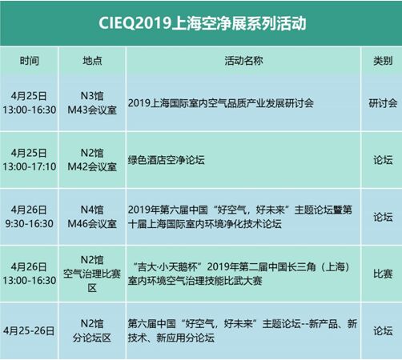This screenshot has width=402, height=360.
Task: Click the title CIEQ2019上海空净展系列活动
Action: tap(203, 23)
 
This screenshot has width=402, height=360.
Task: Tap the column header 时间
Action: tap(30, 61)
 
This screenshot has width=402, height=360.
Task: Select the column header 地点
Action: tap(92, 61)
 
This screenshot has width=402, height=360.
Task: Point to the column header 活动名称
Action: tap(243, 61)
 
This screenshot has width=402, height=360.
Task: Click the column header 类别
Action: tap(383, 61)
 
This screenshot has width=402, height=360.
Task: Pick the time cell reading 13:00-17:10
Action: tap(30, 166)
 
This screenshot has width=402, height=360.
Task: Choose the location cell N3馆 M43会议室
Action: tap(92, 103)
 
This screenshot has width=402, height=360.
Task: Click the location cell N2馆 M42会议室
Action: tap(92, 160)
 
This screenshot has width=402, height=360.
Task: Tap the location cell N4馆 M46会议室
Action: tap(92, 217)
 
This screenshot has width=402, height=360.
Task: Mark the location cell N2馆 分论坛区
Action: tap(92, 331)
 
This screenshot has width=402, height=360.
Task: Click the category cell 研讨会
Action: tap(383, 103)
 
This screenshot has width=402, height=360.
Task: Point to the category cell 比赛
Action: tap(383, 274)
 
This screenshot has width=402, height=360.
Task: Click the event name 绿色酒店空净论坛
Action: tap(166, 160)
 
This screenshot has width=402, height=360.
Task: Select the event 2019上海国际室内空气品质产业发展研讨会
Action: tap(220, 103)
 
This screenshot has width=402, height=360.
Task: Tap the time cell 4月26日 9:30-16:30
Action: tap(30, 217)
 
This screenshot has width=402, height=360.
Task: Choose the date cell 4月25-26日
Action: tap(29, 331)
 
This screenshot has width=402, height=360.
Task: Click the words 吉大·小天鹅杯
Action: tap(167, 266)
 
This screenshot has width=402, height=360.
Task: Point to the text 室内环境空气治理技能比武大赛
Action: tap(195, 281)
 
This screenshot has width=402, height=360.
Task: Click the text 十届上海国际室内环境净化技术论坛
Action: tap(205, 224)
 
